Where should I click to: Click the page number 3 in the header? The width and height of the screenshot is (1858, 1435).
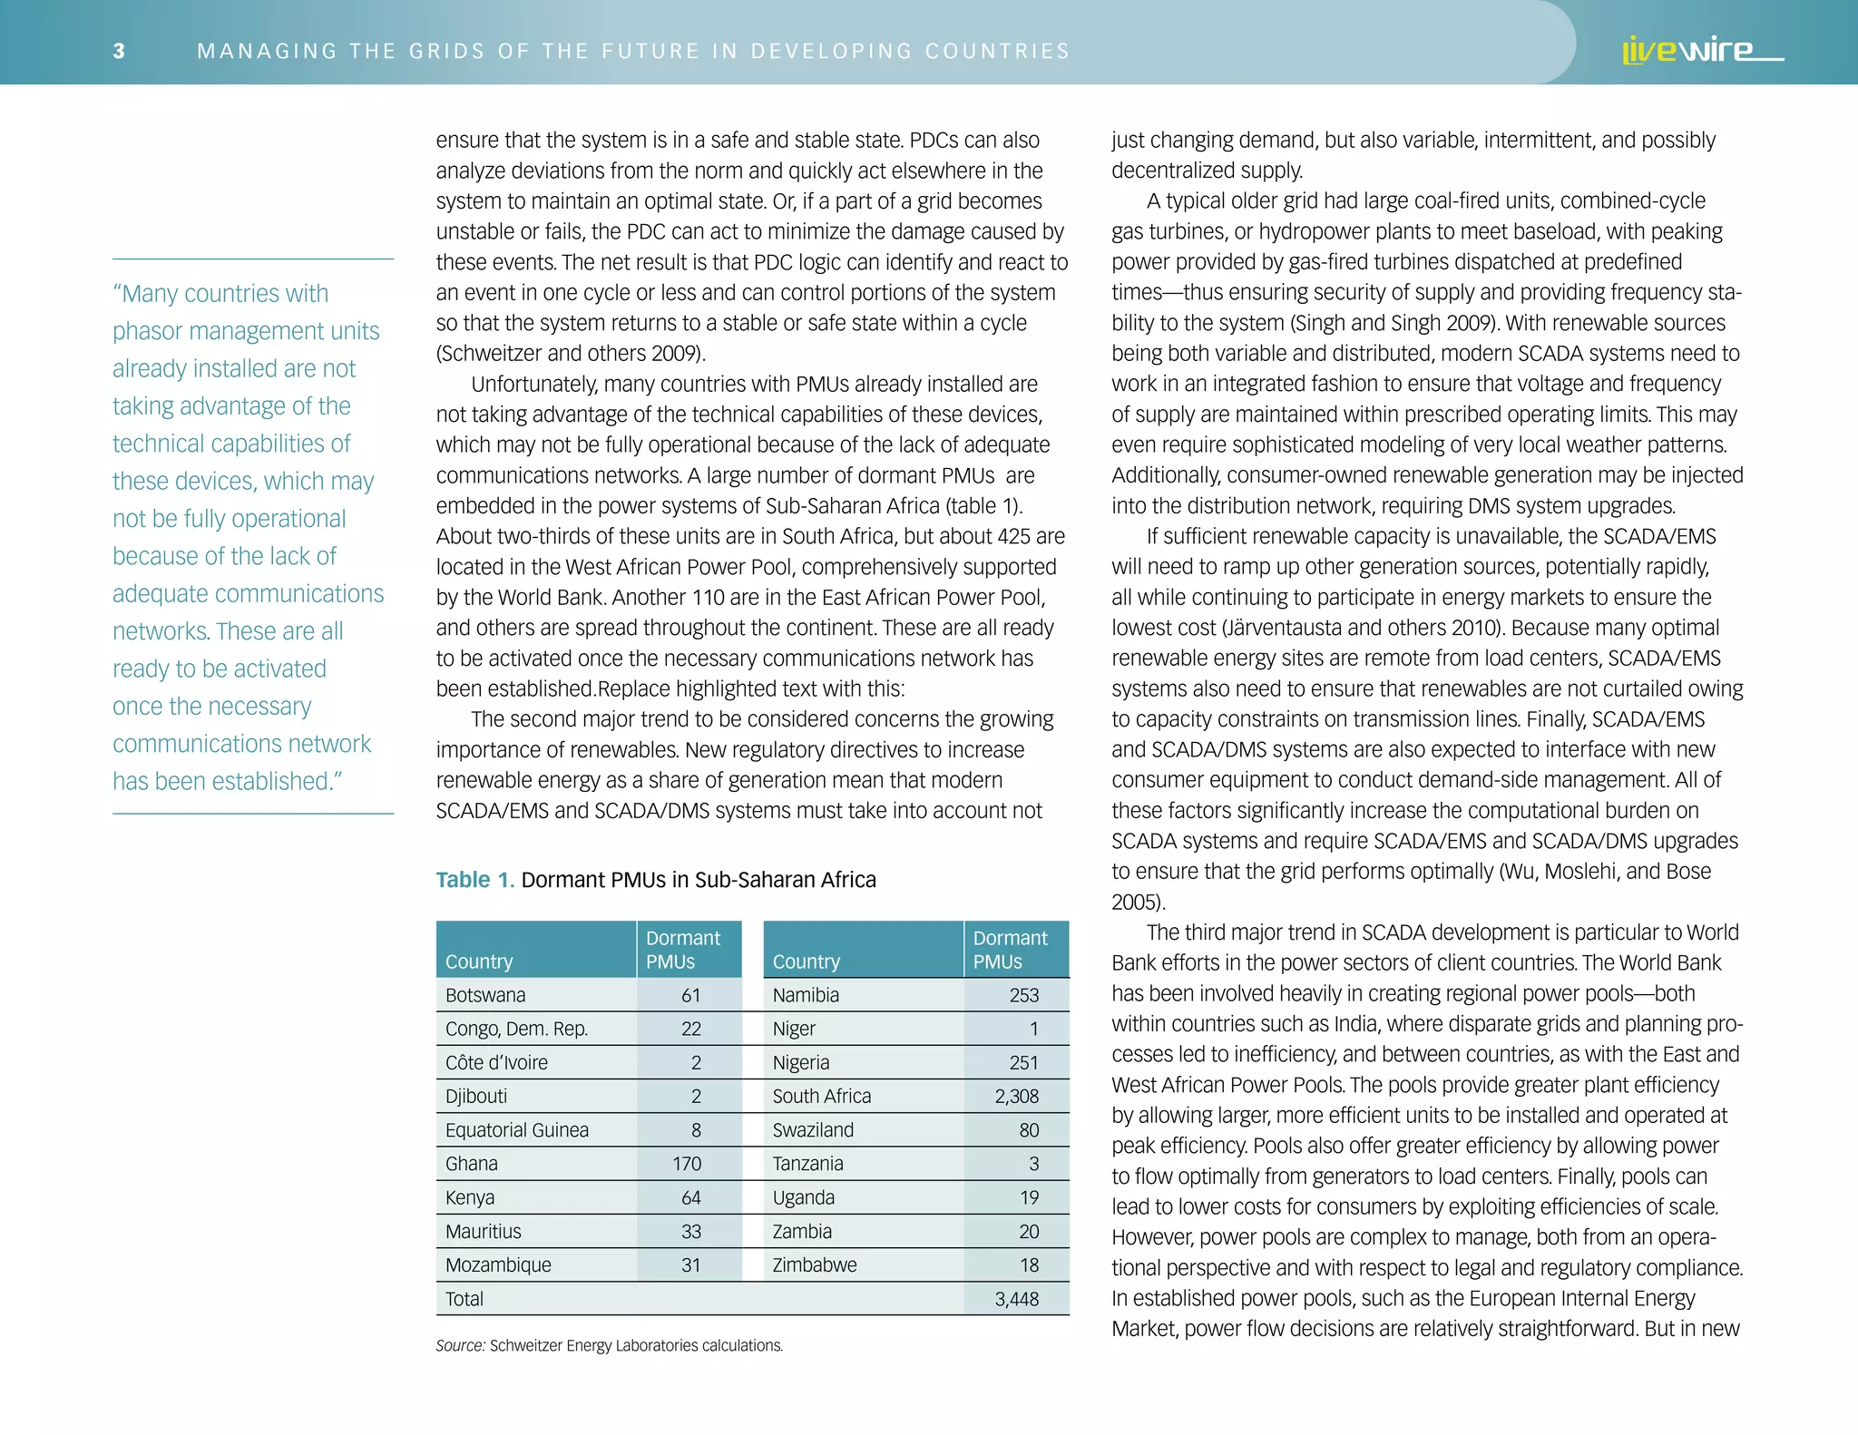[x=119, y=51]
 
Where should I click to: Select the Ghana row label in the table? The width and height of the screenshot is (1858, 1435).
[x=472, y=1164]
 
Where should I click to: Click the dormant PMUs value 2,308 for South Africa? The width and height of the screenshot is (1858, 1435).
[x=1016, y=1097]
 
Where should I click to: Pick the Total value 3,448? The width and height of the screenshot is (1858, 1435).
[x=1016, y=1299]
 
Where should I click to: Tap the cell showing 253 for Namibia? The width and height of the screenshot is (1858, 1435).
[x=1023, y=995]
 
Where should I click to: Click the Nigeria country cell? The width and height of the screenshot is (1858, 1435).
[x=801, y=1062]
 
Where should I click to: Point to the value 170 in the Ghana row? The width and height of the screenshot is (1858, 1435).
[x=687, y=1164]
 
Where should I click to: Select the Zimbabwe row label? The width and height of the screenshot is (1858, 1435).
[x=814, y=1265]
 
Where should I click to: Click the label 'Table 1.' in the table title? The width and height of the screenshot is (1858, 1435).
[x=474, y=880]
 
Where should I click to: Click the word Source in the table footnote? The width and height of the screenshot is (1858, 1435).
[x=459, y=1346]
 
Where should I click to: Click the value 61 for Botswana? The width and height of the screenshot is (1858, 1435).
[x=690, y=995]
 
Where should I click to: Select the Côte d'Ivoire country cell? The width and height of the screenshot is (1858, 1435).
[x=496, y=1062]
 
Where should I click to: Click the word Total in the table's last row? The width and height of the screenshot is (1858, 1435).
[x=464, y=1299]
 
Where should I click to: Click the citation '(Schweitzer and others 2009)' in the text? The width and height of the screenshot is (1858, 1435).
[x=570, y=354]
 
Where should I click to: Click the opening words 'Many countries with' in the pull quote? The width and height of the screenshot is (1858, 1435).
[x=221, y=294]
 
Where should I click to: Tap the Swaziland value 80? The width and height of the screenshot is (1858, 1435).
[x=1029, y=1130]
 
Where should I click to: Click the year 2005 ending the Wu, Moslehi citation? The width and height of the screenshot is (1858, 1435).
[x=1134, y=903]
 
